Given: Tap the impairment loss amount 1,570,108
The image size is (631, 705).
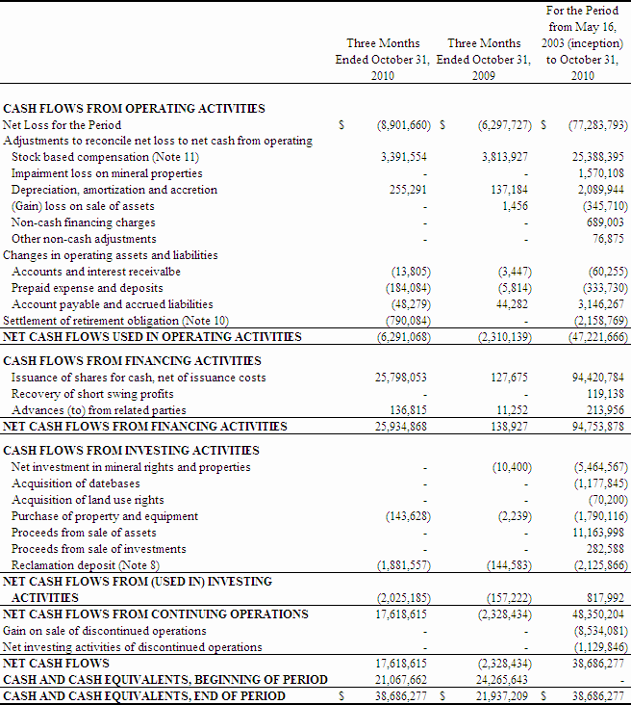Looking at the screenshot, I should click(598, 173).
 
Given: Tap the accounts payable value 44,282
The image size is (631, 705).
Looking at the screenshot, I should click(510, 304).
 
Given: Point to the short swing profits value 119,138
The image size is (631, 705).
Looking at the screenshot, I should click(604, 394).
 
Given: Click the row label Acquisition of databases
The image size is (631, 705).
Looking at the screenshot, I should click(76, 483).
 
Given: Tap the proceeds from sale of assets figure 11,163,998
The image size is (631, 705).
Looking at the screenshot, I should click(598, 533).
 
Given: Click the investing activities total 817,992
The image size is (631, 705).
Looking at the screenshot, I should click(604, 597).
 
